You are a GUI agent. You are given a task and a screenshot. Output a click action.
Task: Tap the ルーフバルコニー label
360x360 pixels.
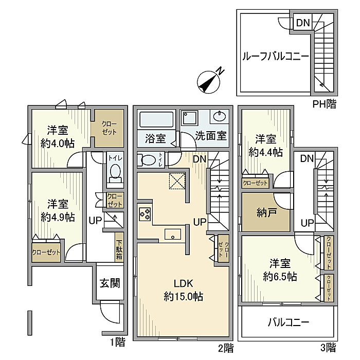click(x=276, y=56)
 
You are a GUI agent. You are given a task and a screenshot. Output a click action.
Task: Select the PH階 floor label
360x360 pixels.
click(x=325, y=104)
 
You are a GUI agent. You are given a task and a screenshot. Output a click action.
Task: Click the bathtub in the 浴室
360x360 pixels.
click(x=156, y=119)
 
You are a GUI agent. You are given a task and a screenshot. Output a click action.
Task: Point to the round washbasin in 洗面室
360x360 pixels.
click(x=220, y=117)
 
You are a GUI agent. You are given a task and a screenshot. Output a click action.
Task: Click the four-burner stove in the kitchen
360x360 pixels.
click(x=145, y=214)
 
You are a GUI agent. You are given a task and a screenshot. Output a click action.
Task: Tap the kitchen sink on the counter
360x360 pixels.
click(x=173, y=234)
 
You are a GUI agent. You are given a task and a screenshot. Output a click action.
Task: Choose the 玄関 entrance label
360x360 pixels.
click(x=110, y=283)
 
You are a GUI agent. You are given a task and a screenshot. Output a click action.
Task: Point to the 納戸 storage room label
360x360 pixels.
click(x=266, y=213)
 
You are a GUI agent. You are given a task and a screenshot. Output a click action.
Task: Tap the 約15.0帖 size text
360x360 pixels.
click(x=184, y=296)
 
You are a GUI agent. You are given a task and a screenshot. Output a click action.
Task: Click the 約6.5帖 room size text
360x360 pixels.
click(x=280, y=277)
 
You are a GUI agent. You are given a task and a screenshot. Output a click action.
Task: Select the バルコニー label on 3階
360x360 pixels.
click(x=289, y=322)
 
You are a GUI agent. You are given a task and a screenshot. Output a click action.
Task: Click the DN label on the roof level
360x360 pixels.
click(x=303, y=23)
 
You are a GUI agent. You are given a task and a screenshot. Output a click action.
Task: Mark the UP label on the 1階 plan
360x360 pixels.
click(x=95, y=221)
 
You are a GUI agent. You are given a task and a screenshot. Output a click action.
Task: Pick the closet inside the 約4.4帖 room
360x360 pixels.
click(x=255, y=183)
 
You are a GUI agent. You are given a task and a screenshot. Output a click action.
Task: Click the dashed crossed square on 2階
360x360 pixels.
click(x=177, y=181)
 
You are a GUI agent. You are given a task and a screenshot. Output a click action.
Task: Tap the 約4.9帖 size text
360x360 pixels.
click(x=58, y=217)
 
